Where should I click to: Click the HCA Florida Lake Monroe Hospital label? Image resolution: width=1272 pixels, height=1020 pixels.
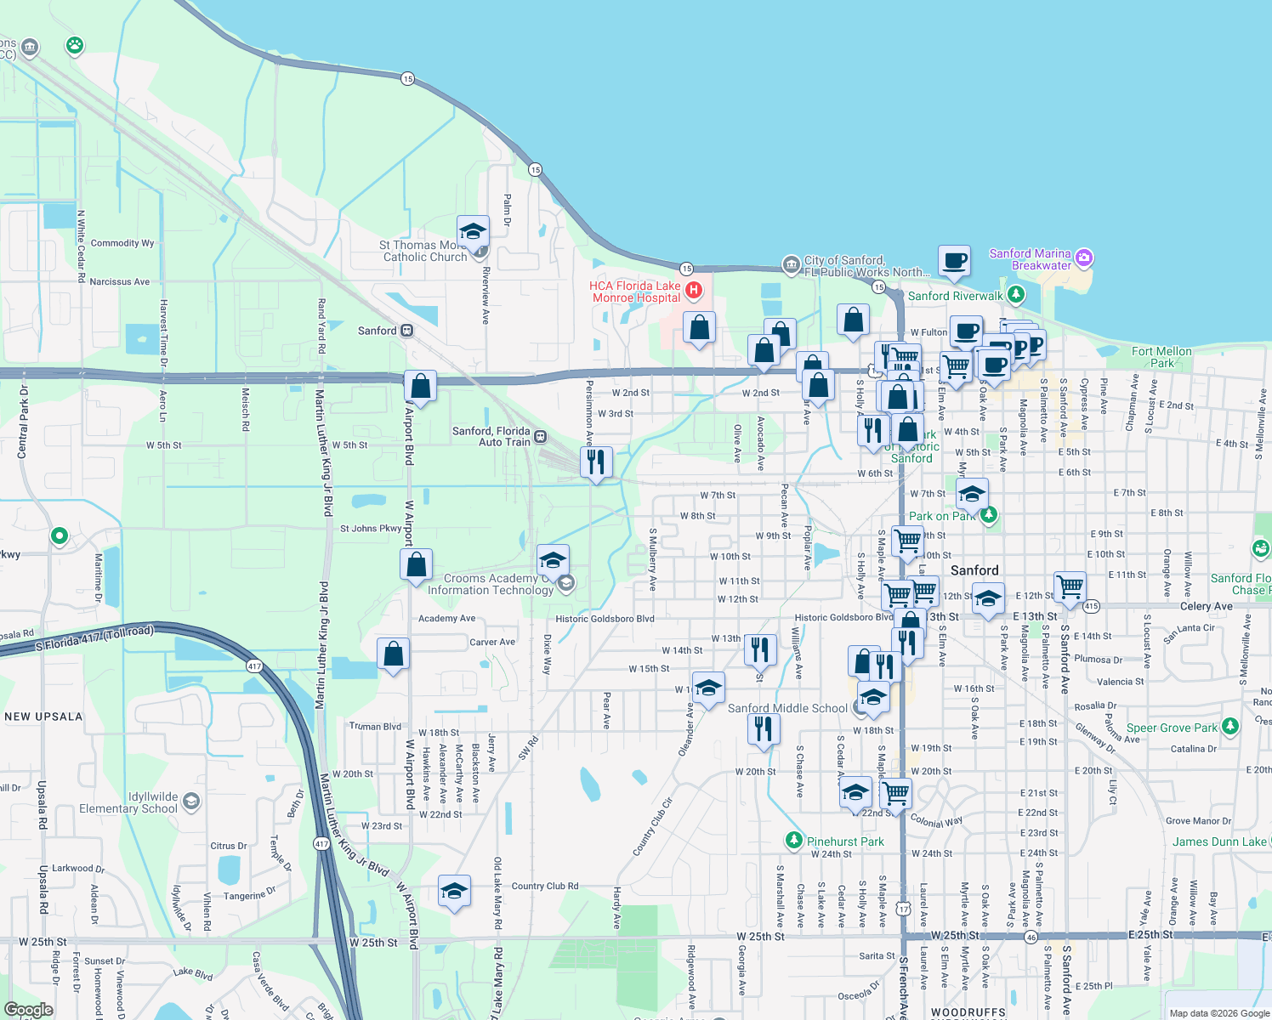pos(635,292)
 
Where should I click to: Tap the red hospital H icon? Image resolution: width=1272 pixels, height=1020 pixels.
pos(694,291)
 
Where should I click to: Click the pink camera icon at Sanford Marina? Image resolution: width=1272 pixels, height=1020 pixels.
pos(1083,258)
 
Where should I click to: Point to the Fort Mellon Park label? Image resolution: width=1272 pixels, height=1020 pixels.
pos(1161,357)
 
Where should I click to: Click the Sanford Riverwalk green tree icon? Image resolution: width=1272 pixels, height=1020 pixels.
pos(1015,295)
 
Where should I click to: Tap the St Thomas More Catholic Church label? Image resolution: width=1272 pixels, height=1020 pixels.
pos(423,251)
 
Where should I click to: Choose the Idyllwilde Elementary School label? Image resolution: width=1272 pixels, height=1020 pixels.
pos(128,802)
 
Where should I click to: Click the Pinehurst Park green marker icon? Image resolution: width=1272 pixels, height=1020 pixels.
pos(793,841)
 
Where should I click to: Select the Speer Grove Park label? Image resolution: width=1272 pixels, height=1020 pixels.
pos(1172,728)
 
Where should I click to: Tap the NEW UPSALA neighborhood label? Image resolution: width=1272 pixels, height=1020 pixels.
pos(43,717)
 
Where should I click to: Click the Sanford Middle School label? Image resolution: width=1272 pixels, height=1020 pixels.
pos(787,708)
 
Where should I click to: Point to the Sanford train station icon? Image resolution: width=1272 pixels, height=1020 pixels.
pos(407,331)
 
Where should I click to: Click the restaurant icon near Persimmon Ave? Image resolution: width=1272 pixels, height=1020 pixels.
pos(596,462)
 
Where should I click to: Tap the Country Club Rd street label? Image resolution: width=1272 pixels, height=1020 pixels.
pos(544,886)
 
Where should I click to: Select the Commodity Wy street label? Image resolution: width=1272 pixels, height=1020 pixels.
pos(122,243)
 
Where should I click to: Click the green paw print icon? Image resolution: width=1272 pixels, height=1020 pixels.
pos(75,45)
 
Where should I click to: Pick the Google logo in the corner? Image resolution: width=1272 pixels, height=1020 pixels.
pos(28,1010)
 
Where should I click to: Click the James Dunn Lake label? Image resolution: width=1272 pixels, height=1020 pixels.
pos(1219,841)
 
